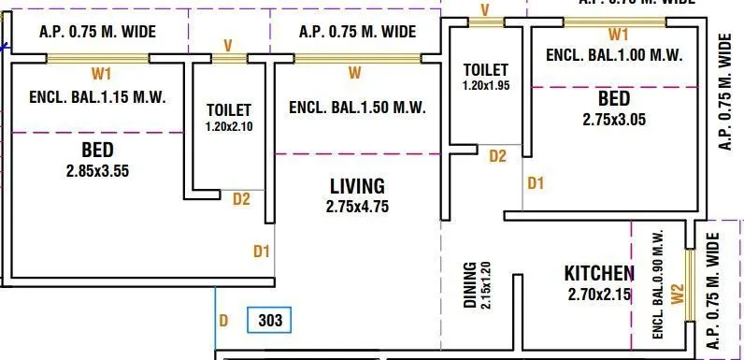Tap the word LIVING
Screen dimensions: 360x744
(356, 185)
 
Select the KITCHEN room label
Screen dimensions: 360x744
(599, 274)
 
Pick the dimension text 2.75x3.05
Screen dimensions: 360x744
(614, 119)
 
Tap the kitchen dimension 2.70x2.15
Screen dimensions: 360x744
(599, 295)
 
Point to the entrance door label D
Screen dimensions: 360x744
(223, 321)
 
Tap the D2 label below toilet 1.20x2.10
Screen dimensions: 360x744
(241, 198)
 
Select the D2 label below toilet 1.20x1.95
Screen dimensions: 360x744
(498, 156)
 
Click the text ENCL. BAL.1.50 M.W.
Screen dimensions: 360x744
(357, 108)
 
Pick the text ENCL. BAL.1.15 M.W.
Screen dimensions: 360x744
(96, 96)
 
